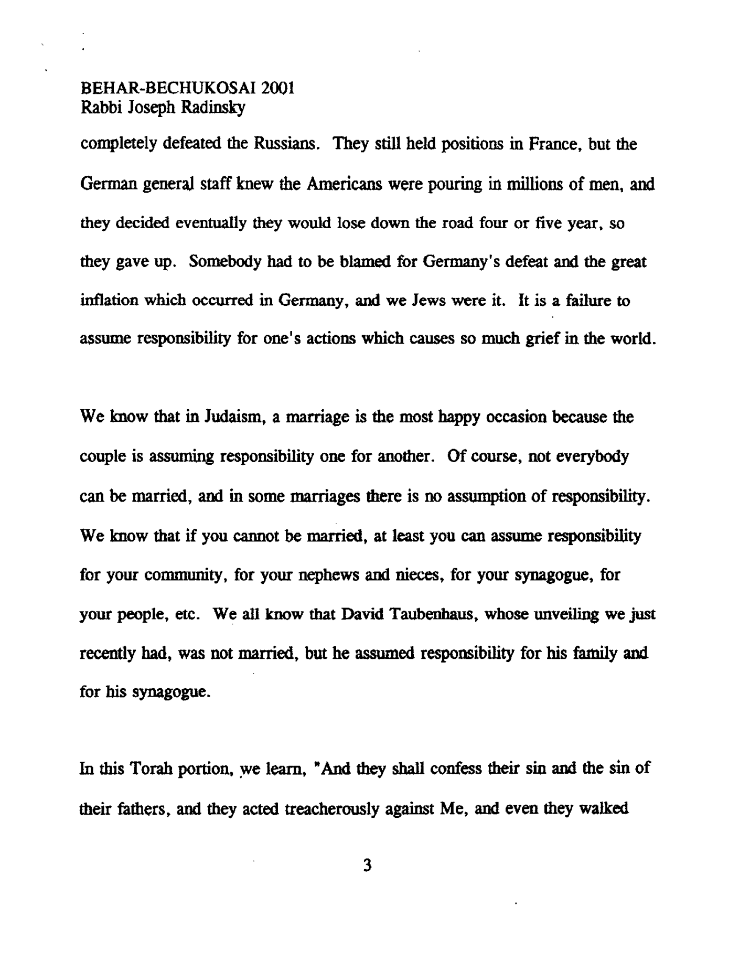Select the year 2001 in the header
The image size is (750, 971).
click(277, 88)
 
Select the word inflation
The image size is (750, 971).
click(106, 301)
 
